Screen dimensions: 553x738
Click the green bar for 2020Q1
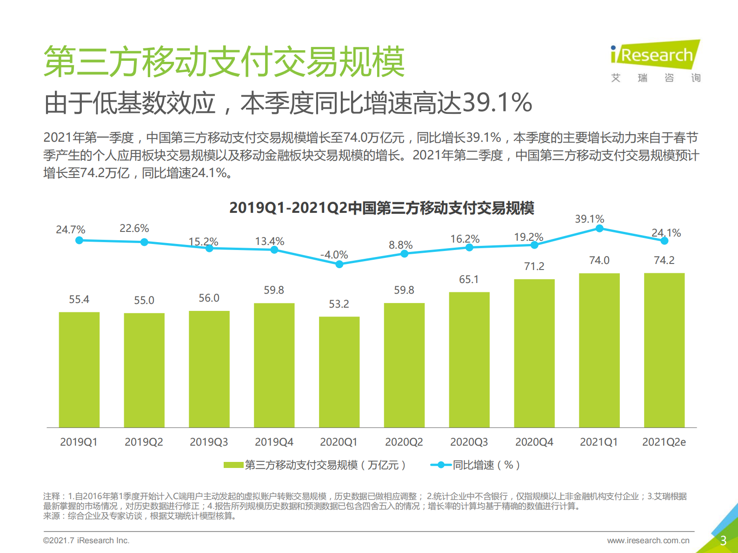[x=339, y=372]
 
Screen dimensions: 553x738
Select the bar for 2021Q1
[x=599, y=350]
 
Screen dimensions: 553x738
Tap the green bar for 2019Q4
[x=274, y=365]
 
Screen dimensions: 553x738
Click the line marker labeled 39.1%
[x=599, y=229]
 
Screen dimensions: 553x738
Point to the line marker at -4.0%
[x=339, y=264]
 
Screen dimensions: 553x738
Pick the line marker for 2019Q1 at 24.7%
[x=79, y=240]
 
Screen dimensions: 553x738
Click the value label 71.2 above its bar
[x=534, y=266]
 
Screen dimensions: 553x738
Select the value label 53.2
[x=339, y=304]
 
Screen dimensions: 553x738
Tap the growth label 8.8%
[x=400, y=245]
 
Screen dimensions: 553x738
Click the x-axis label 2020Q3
[x=469, y=442]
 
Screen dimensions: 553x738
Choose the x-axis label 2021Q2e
[x=664, y=442]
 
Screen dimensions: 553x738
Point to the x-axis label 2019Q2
[x=144, y=442]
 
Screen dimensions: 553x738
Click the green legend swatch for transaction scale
[x=233, y=465]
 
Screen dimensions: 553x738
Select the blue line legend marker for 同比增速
[x=440, y=465]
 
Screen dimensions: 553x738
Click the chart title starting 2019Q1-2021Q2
[x=381, y=208]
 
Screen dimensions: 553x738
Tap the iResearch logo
[x=655, y=55]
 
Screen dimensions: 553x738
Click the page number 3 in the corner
[x=723, y=540]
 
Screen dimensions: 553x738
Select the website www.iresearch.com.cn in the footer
[x=648, y=540]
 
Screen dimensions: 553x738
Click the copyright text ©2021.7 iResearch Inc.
[x=86, y=540]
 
